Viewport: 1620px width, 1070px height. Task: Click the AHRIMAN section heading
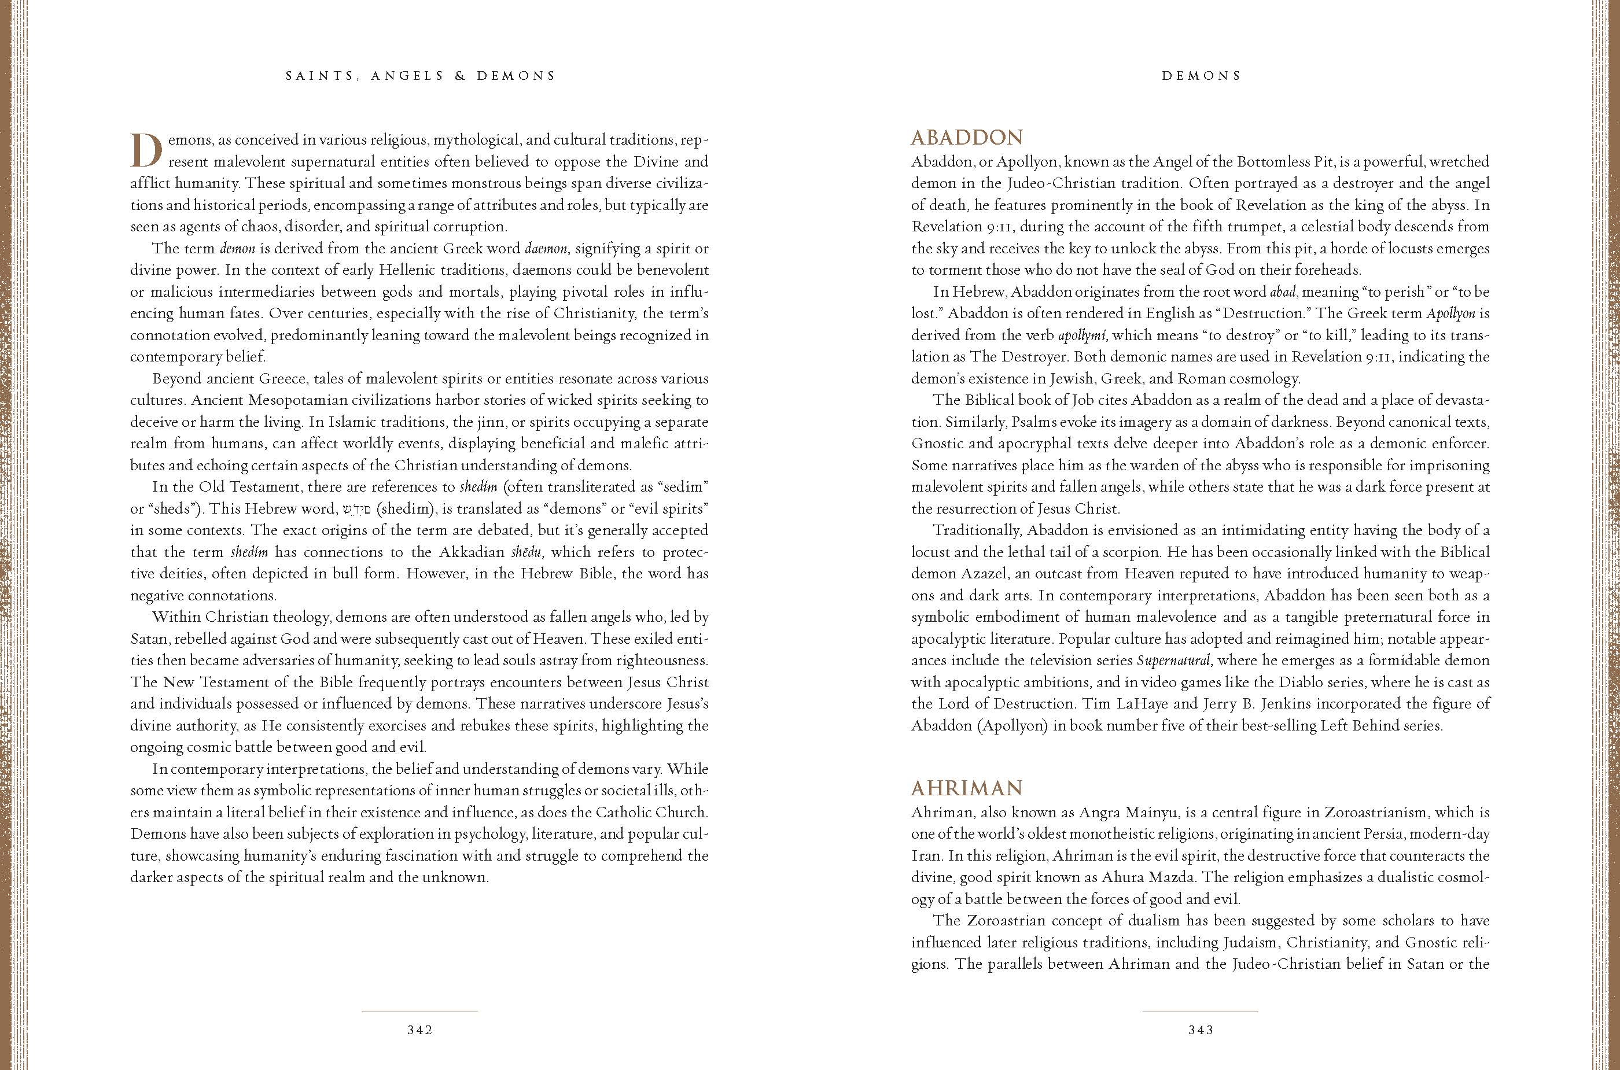tap(966, 789)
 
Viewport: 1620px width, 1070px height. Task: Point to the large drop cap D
tap(146, 151)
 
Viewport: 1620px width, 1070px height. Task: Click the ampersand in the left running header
tap(461, 76)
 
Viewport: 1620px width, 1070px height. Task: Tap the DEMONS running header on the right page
tap(1201, 76)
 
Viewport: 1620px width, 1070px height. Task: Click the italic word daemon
tap(546, 248)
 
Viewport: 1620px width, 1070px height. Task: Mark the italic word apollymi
tap(1081, 335)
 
